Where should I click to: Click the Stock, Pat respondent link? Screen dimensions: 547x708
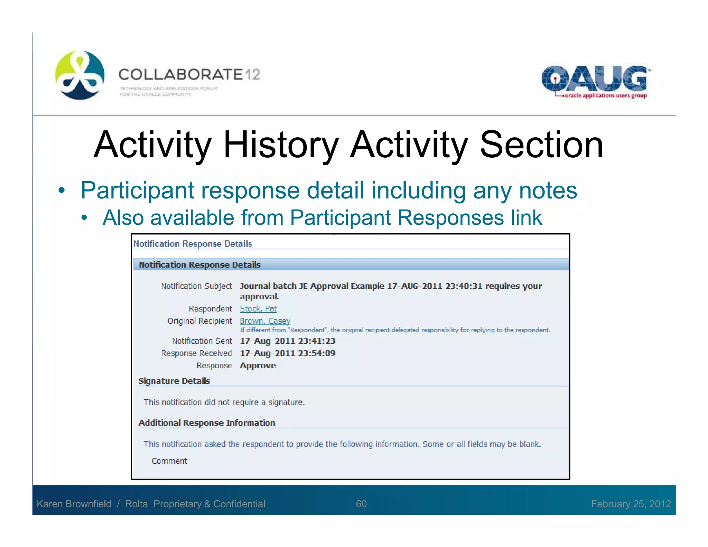(258, 308)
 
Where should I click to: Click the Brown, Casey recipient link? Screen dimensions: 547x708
(265, 321)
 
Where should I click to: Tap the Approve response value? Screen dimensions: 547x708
(258, 365)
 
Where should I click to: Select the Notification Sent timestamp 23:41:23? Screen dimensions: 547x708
(287, 341)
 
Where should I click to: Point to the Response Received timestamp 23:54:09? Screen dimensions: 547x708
(287, 353)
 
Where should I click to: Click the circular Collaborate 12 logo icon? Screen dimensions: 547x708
(80, 75)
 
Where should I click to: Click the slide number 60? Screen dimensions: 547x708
(361, 504)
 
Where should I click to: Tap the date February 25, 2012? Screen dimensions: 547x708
(631, 504)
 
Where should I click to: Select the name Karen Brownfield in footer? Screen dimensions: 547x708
(74, 504)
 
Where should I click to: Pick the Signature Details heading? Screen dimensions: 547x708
(174, 381)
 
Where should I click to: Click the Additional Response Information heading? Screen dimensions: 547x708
(207, 423)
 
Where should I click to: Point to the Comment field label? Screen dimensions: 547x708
(169, 461)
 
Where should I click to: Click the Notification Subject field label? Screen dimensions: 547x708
(196, 286)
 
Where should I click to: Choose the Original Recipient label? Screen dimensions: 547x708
(200, 321)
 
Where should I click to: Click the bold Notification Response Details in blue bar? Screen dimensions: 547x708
(199, 265)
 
